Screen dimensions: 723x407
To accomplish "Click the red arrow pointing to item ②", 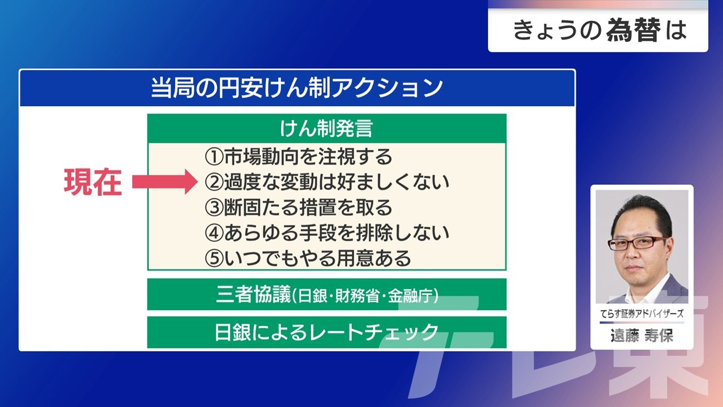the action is click(x=164, y=181).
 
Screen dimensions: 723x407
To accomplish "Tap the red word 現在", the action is click(x=93, y=182).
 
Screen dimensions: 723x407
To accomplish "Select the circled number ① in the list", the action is click(x=214, y=157).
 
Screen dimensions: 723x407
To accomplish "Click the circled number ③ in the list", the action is click(x=214, y=207).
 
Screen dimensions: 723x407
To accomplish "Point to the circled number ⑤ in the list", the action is click(x=214, y=258).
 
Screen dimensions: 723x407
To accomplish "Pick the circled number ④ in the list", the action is click(x=214, y=233).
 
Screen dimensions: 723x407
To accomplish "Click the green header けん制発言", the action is click(x=326, y=128).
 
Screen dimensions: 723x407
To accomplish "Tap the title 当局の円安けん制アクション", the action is click(x=297, y=88).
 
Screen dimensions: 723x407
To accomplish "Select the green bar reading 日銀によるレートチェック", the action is click(x=326, y=332).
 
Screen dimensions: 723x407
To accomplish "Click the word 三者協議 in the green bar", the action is click(x=254, y=295).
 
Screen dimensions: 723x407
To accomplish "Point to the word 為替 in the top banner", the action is click(x=634, y=30).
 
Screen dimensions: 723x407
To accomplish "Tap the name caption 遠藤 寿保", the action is click(x=642, y=336).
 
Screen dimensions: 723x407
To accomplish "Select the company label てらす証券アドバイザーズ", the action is click(x=642, y=313).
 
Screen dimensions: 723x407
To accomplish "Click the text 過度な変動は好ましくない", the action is click(x=337, y=182).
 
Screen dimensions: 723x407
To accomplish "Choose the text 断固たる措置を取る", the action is click(x=308, y=207).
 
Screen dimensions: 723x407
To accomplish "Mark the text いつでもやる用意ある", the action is click(x=317, y=258).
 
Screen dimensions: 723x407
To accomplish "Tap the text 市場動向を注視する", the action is click(x=308, y=157).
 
